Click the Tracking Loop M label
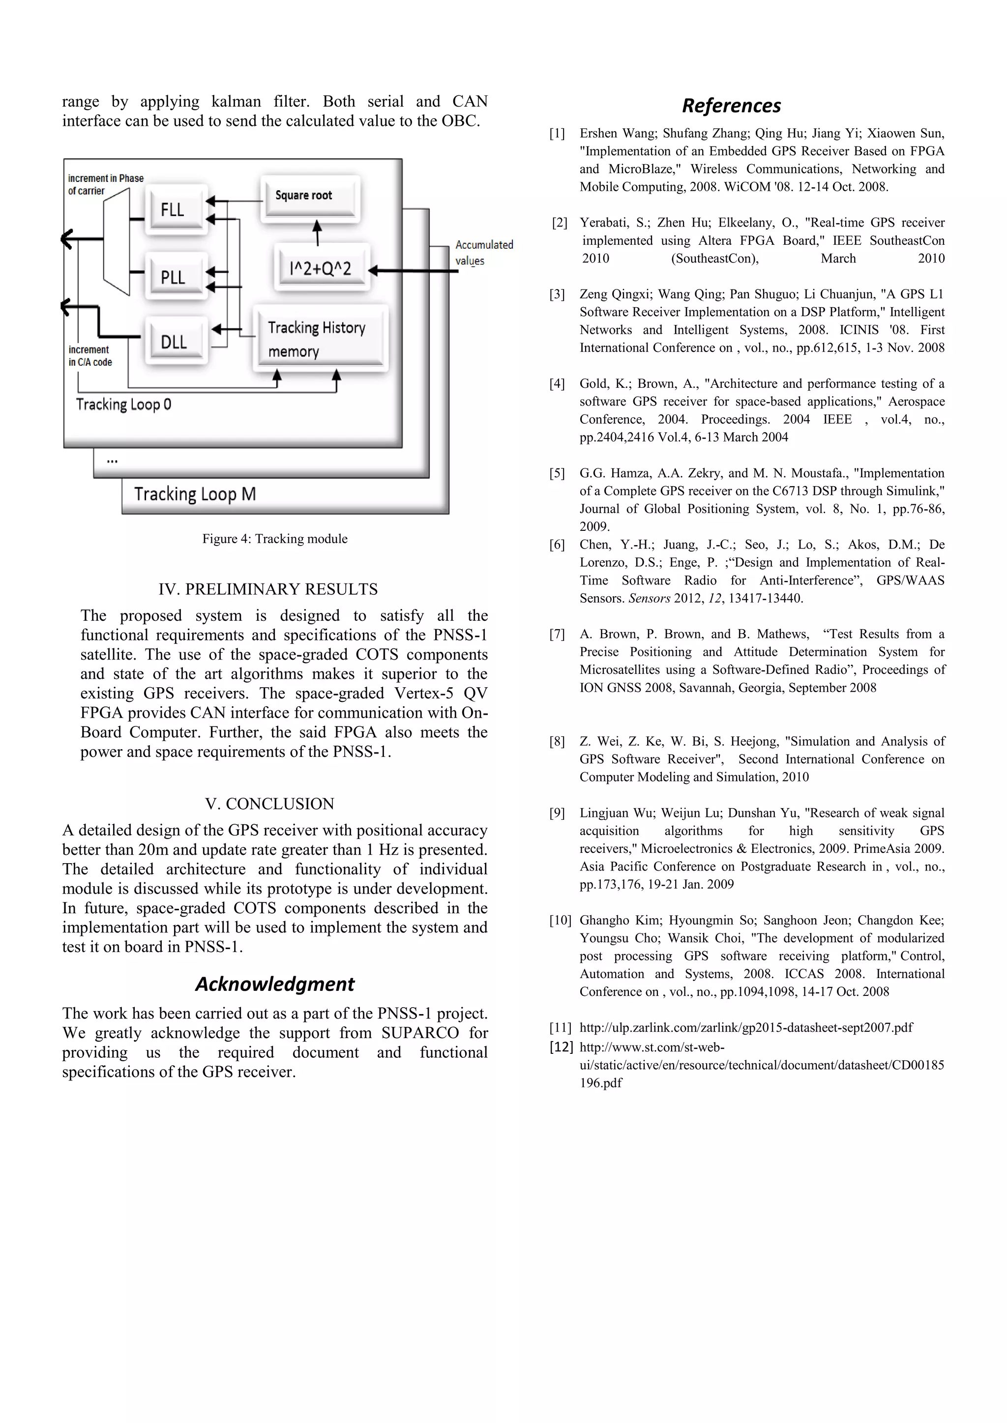[195, 494]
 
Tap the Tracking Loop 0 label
[123, 405]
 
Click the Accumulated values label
[484, 252]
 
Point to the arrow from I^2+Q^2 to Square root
[318, 233]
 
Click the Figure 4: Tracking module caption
[275, 539]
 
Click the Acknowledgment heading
[275, 984]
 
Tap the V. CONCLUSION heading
[270, 804]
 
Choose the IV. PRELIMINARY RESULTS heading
[268, 589]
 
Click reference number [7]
[557, 634]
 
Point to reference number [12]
[561, 1047]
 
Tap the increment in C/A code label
[90, 356]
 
